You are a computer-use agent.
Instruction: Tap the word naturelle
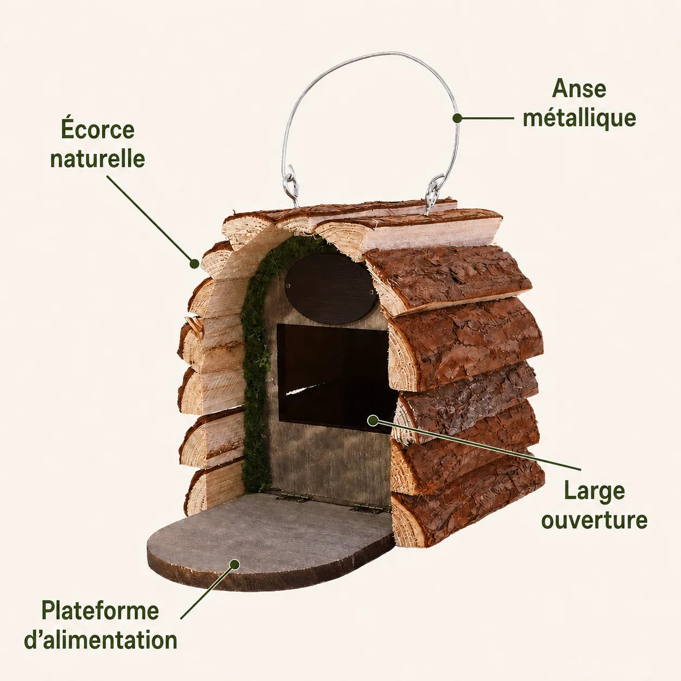coord(98,159)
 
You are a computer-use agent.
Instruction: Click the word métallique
coord(579,118)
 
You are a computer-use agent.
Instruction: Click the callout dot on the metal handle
coord(457,118)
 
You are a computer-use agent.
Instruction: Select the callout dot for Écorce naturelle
coord(194,263)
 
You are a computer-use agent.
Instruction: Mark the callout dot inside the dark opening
coord(373,420)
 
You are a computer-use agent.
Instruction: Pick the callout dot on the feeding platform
coord(234,564)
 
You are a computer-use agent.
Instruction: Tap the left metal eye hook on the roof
coord(291,186)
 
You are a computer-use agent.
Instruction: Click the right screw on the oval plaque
coord(371,292)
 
